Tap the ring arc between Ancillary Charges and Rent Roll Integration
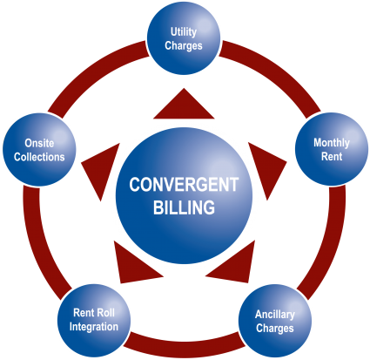185,342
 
